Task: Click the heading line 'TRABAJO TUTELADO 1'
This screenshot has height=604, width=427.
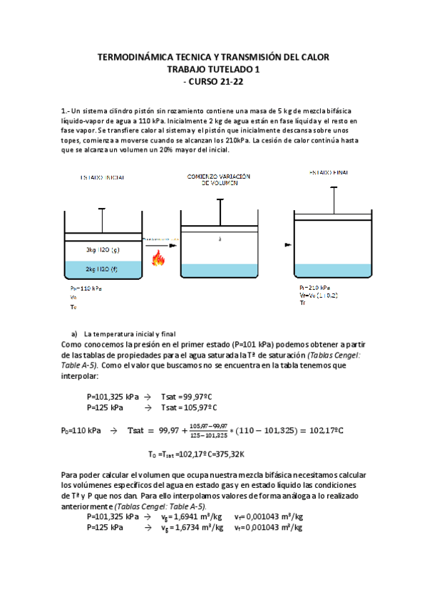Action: coord(213,69)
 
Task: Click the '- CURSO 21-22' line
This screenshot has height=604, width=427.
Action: coord(213,81)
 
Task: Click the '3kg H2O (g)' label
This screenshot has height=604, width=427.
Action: coord(102,251)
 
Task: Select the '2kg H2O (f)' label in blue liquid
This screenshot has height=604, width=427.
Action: coord(102,269)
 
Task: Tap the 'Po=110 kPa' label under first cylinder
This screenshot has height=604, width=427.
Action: coord(86,288)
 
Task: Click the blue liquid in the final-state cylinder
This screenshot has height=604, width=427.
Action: coord(333,271)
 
